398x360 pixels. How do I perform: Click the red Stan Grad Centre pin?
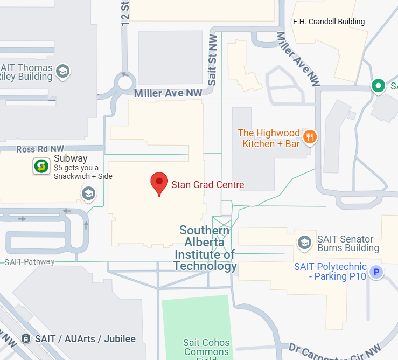pyautogui.click(x=159, y=182)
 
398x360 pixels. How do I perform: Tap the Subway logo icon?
pyautogui.click(x=41, y=166)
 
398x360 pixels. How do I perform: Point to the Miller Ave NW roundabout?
pyautogui.click(x=125, y=84)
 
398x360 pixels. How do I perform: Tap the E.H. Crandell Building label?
pyautogui.click(x=329, y=22)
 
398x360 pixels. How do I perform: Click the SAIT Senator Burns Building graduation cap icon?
pyautogui.click(x=305, y=243)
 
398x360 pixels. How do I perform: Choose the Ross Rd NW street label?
pyautogui.click(x=40, y=149)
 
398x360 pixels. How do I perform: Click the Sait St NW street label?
pyautogui.click(x=213, y=59)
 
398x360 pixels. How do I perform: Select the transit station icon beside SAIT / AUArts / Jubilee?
pyautogui.click(x=25, y=338)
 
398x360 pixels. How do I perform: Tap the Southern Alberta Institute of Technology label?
pyautogui.click(x=205, y=248)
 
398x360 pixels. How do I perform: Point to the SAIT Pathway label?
pyautogui.click(x=29, y=262)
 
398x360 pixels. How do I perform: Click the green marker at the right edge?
pyautogui.click(x=379, y=85)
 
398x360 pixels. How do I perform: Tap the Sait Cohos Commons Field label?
pyautogui.click(x=206, y=348)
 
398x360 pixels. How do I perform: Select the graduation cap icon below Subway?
pyautogui.click(x=88, y=193)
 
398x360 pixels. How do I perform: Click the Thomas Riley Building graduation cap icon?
pyautogui.click(x=63, y=71)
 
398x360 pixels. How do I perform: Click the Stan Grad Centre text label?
pyautogui.click(x=207, y=185)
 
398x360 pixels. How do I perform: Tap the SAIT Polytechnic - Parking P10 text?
pyautogui.click(x=330, y=272)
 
